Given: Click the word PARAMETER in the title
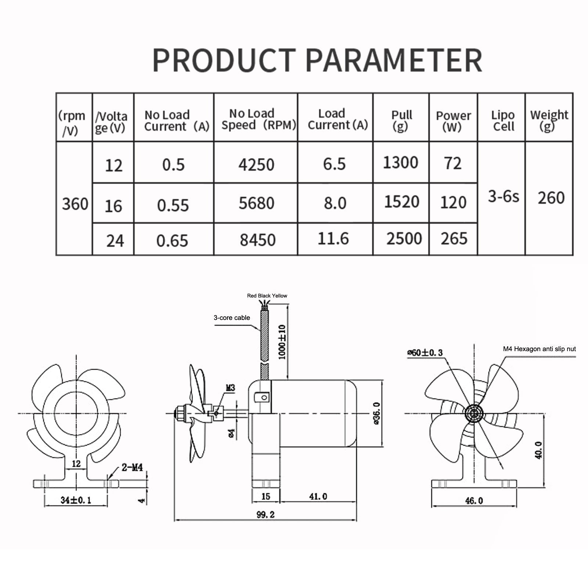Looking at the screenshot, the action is tap(394, 60).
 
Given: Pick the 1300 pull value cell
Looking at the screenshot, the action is tap(401, 163).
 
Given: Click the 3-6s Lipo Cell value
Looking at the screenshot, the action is tap(504, 197).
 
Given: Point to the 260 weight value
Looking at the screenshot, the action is tap(551, 198).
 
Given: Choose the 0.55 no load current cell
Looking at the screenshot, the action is tap(173, 205).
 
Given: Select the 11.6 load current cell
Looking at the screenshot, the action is tap(333, 239).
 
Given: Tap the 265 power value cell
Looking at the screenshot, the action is tap(454, 239).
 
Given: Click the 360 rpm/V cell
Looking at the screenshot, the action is tap(75, 204).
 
